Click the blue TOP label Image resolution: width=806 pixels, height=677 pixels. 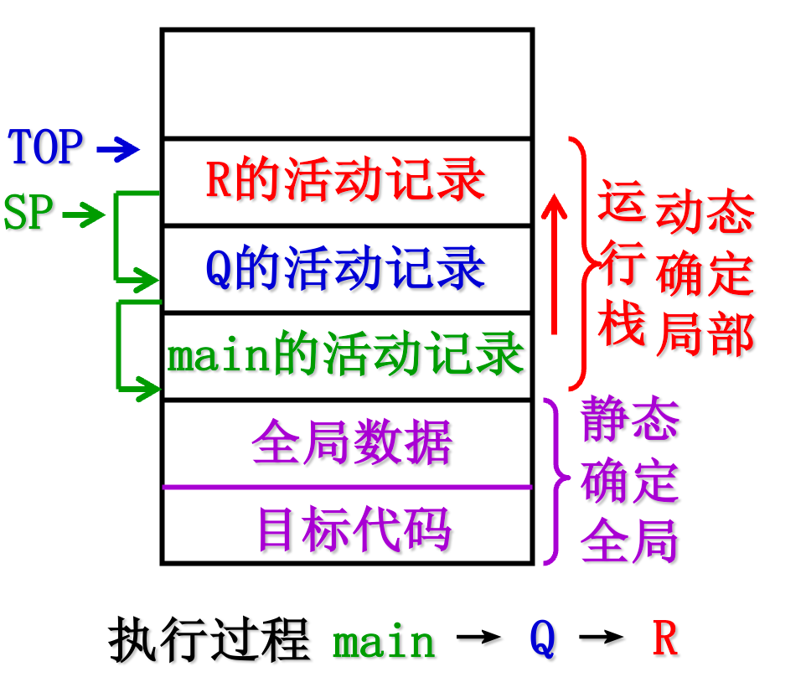[x=46, y=147]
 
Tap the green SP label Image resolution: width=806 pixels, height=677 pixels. [x=28, y=213]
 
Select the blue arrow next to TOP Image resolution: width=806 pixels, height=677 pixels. [x=118, y=150]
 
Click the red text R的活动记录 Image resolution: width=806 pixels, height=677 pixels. [x=345, y=180]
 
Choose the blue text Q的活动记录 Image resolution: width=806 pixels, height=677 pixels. [x=345, y=270]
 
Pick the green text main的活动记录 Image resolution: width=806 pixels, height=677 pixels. [x=345, y=356]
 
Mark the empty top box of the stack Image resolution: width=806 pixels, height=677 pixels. [x=347, y=83]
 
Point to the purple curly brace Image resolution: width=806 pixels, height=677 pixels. [x=554, y=482]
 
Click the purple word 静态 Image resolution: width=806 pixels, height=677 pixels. [x=629, y=419]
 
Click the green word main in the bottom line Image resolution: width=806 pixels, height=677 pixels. [x=385, y=642]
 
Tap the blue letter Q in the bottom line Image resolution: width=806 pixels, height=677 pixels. [x=542, y=640]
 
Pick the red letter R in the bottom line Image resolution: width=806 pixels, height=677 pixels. [x=664, y=638]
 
